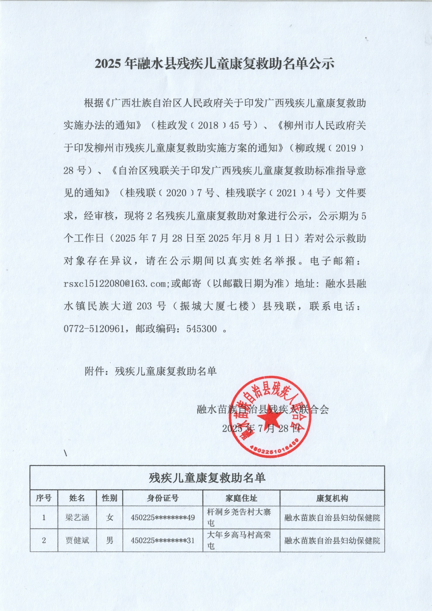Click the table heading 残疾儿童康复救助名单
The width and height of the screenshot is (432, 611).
click(207, 478)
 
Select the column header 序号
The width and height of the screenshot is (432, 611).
click(44, 498)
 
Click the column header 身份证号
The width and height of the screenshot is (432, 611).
click(163, 498)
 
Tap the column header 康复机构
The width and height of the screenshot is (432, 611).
click(332, 498)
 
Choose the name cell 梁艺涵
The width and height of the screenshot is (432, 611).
click(77, 518)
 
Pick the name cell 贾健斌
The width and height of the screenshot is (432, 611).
click(77, 540)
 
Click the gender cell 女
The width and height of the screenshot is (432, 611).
click(109, 518)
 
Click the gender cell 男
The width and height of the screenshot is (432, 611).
click(109, 540)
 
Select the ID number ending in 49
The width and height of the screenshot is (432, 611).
click(163, 518)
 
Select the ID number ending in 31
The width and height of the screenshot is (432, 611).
click(163, 540)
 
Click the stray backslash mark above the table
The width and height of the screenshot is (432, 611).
click(65, 453)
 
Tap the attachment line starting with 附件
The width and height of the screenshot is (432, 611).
click(151, 371)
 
